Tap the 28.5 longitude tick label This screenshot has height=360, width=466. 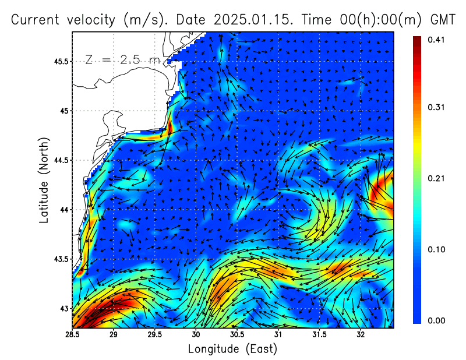coord(72,334)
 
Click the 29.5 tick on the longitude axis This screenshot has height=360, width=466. coord(154,334)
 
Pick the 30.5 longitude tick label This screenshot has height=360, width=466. coord(236,334)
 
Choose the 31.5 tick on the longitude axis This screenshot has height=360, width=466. coord(319,334)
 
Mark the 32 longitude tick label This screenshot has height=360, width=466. coord(361,334)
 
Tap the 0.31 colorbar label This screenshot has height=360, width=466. coord(436,107)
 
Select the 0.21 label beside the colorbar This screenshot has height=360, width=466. coord(436,178)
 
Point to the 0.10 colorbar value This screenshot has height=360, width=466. coord(436,249)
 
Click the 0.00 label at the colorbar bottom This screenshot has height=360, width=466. coord(436,320)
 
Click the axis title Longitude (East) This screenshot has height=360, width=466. coord(232,349)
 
